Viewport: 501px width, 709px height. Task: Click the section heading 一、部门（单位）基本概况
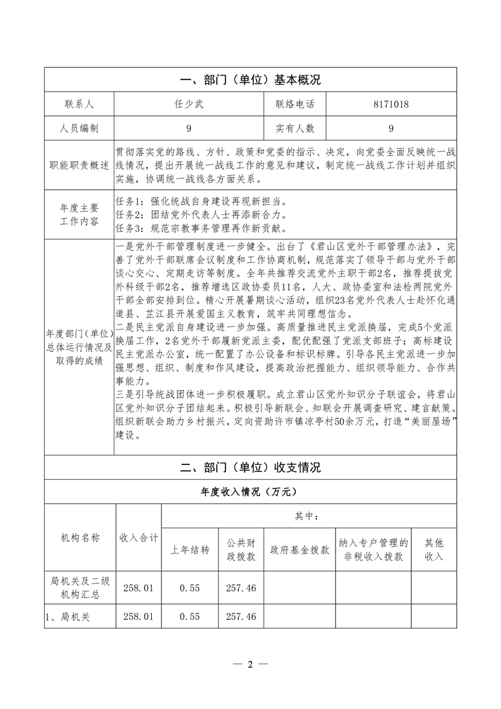(251, 80)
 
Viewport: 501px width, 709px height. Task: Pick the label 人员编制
(79, 128)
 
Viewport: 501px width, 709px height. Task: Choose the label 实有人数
(294, 128)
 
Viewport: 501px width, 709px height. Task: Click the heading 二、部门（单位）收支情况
(251, 468)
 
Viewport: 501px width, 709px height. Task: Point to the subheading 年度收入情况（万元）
(251, 491)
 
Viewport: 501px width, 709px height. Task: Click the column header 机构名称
(79, 538)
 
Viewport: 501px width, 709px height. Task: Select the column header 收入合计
(139, 538)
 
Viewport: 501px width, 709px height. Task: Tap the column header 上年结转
(190, 550)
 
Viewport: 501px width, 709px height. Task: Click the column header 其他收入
(434, 550)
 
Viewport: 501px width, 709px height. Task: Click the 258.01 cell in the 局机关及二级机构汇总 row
(139, 588)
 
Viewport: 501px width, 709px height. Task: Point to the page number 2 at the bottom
(250, 664)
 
